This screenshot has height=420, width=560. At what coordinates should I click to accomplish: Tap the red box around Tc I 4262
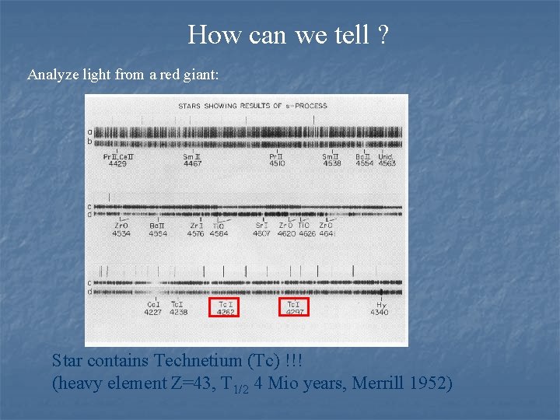pyautogui.click(x=226, y=308)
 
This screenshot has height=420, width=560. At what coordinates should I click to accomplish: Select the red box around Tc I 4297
pyautogui.click(x=294, y=308)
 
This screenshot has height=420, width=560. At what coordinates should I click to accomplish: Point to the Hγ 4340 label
pyautogui.click(x=380, y=308)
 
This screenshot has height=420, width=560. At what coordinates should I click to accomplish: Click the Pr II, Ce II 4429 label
pyautogui.click(x=118, y=160)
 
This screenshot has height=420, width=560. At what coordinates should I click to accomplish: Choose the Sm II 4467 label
pyautogui.click(x=192, y=160)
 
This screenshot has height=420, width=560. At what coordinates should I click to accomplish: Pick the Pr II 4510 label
pyautogui.click(x=277, y=160)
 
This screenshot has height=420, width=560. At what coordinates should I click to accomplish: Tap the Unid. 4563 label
pyautogui.click(x=387, y=160)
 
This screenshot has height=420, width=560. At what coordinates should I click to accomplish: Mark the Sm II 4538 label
pyautogui.click(x=332, y=160)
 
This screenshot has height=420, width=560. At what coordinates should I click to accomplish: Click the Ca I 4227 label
pyautogui.click(x=154, y=308)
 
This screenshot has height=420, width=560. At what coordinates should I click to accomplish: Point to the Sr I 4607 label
pyautogui.click(x=262, y=229)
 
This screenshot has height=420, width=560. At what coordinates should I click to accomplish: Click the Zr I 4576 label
pyautogui.click(x=196, y=229)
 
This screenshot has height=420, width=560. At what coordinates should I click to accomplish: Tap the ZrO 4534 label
pyautogui.click(x=121, y=229)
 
